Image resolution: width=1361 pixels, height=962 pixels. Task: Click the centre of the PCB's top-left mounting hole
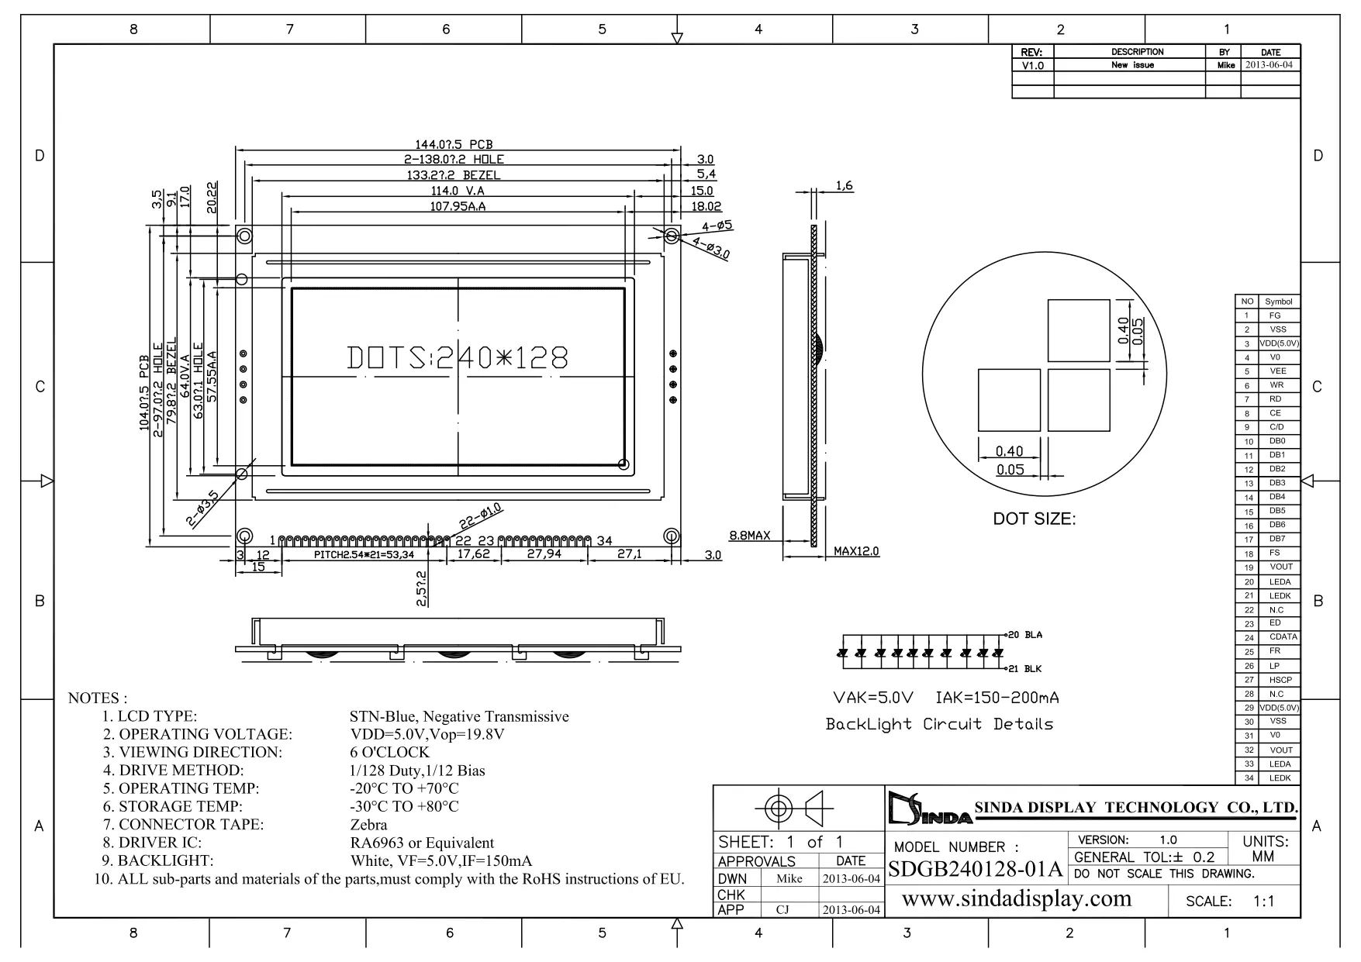(x=244, y=235)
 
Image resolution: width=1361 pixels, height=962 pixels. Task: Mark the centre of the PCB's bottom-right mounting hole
(x=672, y=536)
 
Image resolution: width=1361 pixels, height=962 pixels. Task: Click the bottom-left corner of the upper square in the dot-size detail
(x=1048, y=361)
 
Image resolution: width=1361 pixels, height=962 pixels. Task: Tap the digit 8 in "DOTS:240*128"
(x=558, y=357)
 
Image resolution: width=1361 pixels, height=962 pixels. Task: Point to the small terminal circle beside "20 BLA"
(x=1005, y=635)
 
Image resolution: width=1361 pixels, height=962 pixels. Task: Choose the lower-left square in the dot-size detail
(x=1009, y=400)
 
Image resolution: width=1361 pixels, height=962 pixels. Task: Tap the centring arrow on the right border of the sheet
(x=1308, y=481)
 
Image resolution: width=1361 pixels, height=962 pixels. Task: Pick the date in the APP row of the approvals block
(x=851, y=910)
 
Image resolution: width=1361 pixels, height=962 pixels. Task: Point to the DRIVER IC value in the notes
(x=422, y=843)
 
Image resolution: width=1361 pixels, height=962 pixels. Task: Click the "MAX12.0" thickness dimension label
(x=856, y=551)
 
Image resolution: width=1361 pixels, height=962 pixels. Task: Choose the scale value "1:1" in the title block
(x=1263, y=902)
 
